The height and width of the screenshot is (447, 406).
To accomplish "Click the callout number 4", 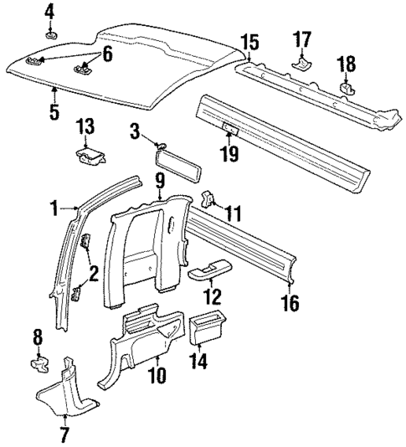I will click(49, 11).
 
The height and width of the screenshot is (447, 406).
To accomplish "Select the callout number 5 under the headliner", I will click(54, 111).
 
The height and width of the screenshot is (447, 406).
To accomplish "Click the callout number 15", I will click(249, 43).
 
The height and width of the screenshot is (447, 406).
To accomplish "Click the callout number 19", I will click(228, 153).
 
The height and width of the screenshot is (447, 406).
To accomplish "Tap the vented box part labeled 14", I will click(206, 328).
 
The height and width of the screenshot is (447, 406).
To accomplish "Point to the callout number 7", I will click(64, 434).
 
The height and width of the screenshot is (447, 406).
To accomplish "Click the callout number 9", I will click(160, 179).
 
